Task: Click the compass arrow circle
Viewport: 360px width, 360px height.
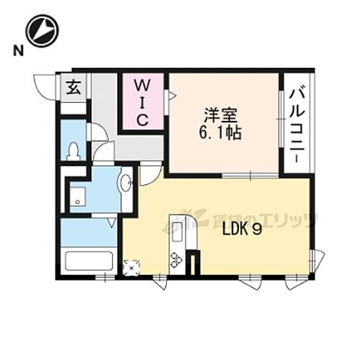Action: tap(42, 31)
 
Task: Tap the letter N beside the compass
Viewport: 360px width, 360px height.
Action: tap(15, 50)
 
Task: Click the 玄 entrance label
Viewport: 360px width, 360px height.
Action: tap(73, 88)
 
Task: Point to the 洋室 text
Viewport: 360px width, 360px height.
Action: tap(216, 114)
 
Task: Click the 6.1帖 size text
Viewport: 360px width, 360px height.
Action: tap(220, 132)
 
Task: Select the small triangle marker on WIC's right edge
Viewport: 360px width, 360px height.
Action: tap(171, 94)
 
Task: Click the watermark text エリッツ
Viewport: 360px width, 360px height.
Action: tap(288, 220)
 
